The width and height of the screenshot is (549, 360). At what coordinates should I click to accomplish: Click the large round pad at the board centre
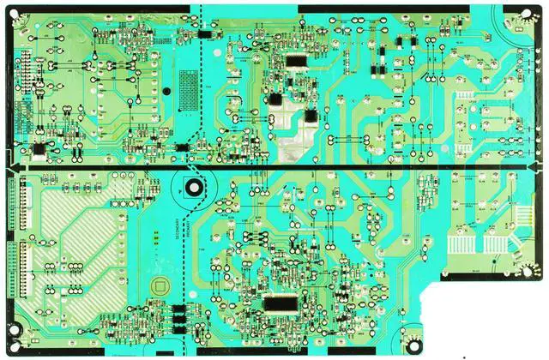pos(194,186)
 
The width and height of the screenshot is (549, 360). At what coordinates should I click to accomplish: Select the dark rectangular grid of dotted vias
pos(186,85)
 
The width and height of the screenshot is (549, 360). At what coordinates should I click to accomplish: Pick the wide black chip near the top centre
pos(295,62)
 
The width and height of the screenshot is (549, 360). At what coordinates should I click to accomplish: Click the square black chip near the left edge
pos(38,149)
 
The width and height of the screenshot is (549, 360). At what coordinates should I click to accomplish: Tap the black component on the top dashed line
pos(206,34)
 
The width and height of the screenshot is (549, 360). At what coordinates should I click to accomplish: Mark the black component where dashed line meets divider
pos(182,147)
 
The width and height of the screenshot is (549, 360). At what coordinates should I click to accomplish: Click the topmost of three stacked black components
pos(178,309)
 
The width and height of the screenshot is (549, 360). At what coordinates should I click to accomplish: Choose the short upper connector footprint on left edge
pos(13,206)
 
